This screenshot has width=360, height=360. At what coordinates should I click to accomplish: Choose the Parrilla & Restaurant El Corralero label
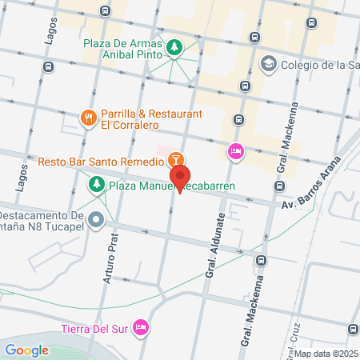pos(151,120)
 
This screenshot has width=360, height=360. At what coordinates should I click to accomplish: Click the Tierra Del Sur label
pos(94,326)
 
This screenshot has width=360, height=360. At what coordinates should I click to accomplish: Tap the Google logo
pos(26,350)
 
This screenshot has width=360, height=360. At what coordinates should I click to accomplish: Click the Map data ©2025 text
pos(324,353)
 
